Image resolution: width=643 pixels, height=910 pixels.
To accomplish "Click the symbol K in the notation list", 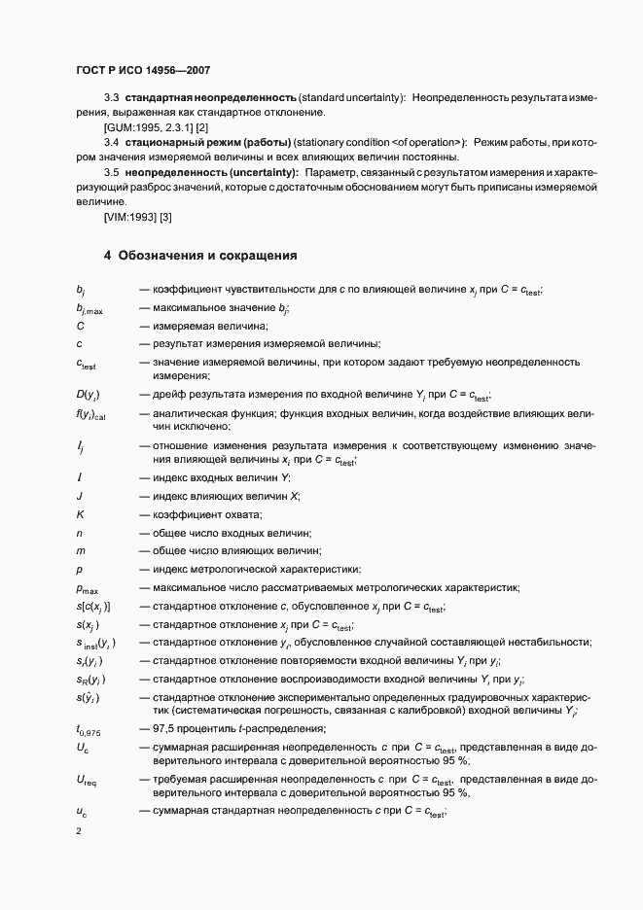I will [x=80, y=514].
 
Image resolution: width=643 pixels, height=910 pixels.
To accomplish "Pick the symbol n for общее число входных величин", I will [x=79, y=533].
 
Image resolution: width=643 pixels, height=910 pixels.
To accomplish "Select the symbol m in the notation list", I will [x=80, y=550].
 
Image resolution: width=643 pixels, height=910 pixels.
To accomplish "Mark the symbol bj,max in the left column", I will [x=89, y=309].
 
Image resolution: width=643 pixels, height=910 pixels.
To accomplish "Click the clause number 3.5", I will [x=111, y=172].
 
